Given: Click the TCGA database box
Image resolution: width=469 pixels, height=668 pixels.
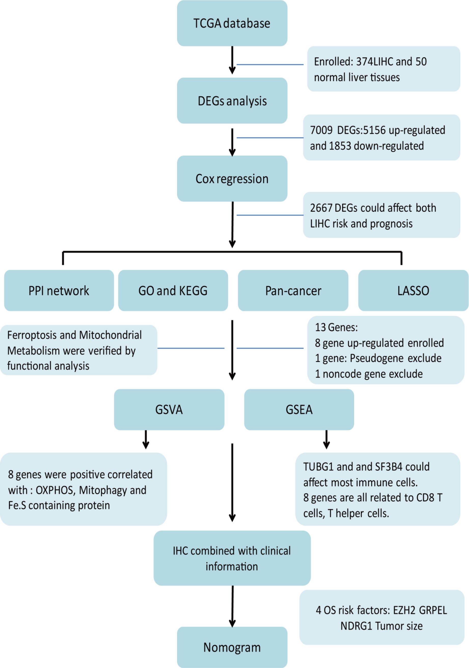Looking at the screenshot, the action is coord(232,23).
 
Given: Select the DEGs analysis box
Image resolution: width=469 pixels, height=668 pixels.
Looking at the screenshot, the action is coord(232,101).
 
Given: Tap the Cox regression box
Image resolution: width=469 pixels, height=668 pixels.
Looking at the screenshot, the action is coord(232,179).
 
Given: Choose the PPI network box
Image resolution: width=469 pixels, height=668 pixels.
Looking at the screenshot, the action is coord(59,290).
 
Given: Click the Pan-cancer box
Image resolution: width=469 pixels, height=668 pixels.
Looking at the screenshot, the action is coord(293,290).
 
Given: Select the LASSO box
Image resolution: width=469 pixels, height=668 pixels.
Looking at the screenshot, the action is coord(413,290).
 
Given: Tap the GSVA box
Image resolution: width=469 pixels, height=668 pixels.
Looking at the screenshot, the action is coord(169,409).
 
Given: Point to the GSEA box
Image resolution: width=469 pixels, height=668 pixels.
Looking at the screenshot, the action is coord(299,409).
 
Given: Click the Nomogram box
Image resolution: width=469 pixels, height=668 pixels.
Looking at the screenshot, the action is coord(232,647).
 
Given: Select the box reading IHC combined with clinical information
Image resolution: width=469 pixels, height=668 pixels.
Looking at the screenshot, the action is coord(232,558).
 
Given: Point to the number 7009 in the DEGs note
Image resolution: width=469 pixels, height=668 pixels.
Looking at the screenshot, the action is coord(321,130).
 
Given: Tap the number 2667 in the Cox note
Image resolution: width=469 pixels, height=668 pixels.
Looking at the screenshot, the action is coord(321,208).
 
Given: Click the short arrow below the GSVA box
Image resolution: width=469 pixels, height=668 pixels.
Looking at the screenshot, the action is coord(146,439).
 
